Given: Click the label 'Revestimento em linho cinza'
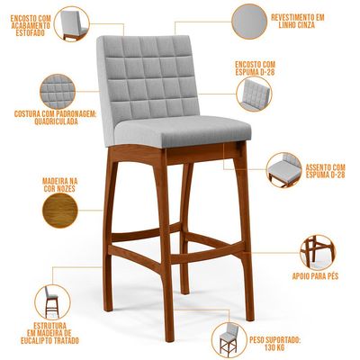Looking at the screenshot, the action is [x=298, y=21].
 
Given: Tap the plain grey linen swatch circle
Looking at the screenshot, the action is [x=249, y=22].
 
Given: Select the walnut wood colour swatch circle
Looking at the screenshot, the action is [x=60, y=210].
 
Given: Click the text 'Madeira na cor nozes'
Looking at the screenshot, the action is [x=59, y=184].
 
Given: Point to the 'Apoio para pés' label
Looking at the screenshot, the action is [x=315, y=276].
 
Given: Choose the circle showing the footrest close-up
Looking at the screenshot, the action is [x=318, y=253].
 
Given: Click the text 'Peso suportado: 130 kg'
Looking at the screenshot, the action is [x=274, y=344].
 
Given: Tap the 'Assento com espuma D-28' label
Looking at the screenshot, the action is [x=325, y=171].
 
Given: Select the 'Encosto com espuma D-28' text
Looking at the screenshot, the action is [x=255, y=68].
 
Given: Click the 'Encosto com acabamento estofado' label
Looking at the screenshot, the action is [x=31, y=25].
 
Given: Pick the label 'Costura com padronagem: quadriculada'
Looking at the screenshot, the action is [x=55, y=118].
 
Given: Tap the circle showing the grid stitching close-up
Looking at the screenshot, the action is [x=58, y=92].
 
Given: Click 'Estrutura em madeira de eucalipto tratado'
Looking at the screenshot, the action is [x=49, y=333].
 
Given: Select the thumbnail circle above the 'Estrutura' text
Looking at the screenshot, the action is [x=52, y=302].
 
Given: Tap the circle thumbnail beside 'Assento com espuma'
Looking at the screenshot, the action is [x=284, y=170].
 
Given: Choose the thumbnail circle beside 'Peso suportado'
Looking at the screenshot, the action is [x=229, y=340].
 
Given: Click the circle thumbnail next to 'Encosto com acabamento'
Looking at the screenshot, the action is [x=72, y=24].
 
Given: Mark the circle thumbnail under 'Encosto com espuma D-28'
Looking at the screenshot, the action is [x=254, y=94].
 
